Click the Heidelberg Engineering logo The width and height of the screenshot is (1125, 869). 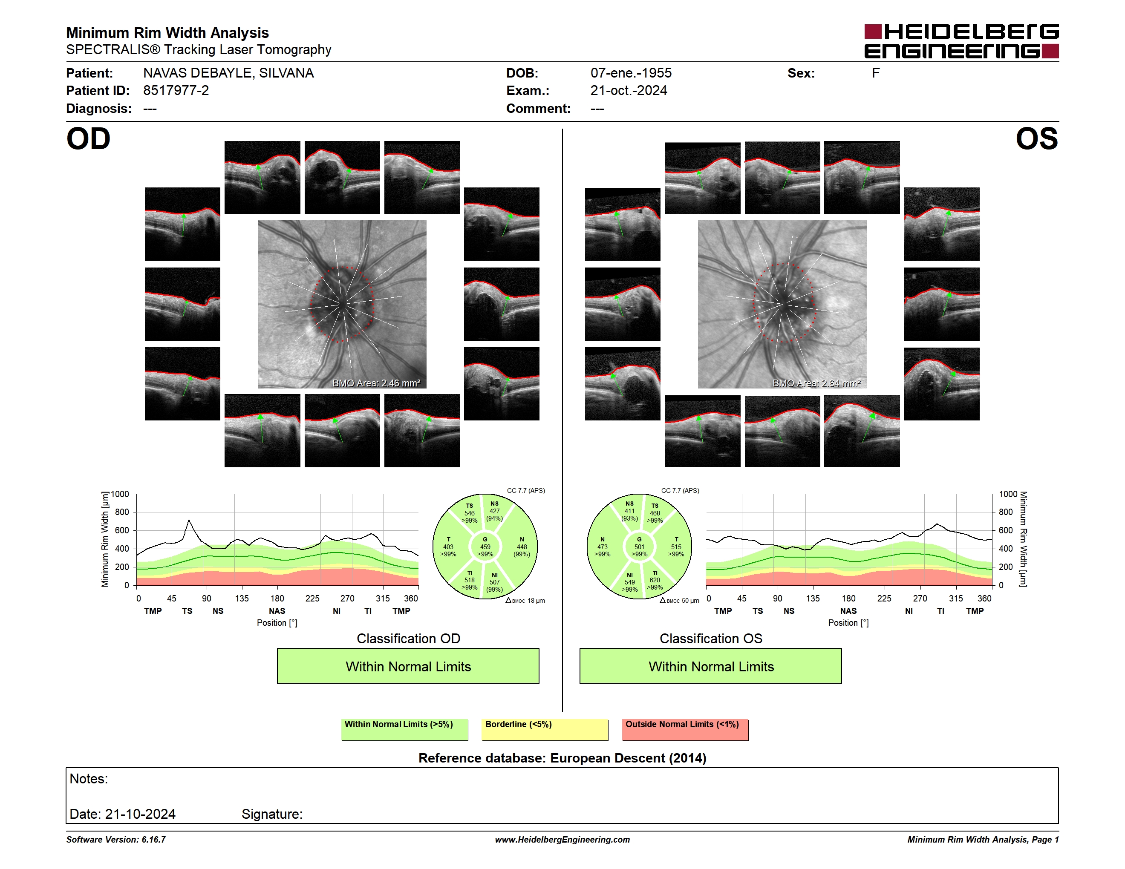961,41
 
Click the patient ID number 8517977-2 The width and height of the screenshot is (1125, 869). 176,91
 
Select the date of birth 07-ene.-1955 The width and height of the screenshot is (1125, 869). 631,73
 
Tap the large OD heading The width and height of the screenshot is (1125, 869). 89,139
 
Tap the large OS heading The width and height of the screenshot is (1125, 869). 1036,139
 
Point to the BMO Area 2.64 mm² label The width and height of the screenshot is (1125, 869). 816,383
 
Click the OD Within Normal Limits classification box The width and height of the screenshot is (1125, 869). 408,666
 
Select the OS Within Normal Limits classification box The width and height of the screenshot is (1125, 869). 711,666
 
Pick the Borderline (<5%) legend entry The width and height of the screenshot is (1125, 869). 545,729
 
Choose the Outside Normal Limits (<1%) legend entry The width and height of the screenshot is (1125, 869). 685,729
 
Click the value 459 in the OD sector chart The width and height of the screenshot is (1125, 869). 485,547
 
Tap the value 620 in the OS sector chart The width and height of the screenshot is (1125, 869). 655,580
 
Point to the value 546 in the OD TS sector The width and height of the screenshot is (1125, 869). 469,513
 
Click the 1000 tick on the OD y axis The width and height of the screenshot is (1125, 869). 120,494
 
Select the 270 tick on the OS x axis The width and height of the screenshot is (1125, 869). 920,598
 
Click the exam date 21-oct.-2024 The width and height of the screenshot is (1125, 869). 629,91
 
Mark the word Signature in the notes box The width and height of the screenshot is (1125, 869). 272,814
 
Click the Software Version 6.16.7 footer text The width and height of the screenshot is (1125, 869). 116,840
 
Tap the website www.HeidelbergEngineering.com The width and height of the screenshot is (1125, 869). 562,840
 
